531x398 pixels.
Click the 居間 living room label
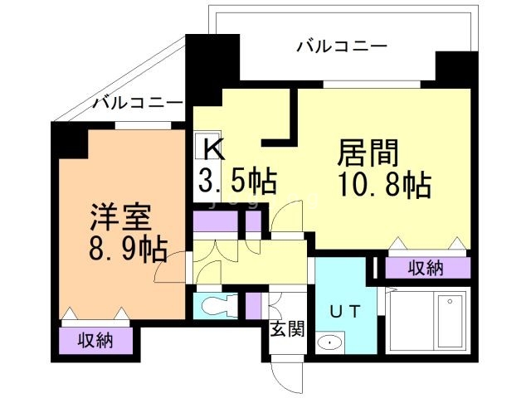coord(368,153)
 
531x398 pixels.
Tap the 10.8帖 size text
coord(384,185)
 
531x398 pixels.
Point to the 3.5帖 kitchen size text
coord(236,179)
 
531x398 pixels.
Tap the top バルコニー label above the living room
coord(342,46)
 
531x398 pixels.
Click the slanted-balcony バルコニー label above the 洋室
coord(137,104)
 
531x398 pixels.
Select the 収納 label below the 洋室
coord(96,340)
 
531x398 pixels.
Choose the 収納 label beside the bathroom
coord(426,267)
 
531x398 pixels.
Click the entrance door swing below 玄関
coord(286,377)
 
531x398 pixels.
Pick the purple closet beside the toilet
coord(254,306)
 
